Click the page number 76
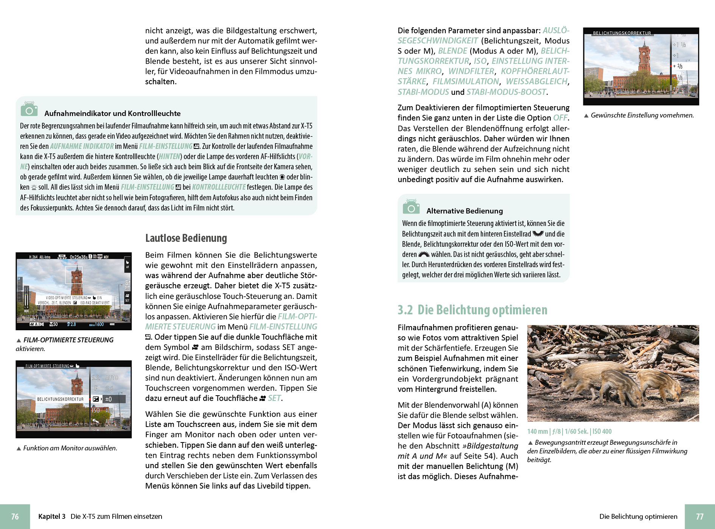click(15, 517)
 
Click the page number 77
click(700, 517)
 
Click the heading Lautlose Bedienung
click(186, 238)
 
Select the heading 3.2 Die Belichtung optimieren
click(472, 310)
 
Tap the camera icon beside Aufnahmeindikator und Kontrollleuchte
click(29, 109)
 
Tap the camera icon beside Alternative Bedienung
click(411, 206)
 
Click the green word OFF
click(560, 118)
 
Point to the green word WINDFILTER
click(471, 71)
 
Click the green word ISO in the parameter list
click(480, 61)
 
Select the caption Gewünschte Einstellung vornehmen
click(642, 115)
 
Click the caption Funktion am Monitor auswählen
click(70, 448)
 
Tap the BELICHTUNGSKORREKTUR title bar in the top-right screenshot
click(622, 33)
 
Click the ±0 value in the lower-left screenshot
click(109, 399)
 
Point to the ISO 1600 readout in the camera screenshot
click(97, 325)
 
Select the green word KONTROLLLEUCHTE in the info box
click(219, 187)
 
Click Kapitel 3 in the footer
click(52, 517)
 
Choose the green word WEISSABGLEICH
click(537, 82)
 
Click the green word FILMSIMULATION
click(466, 82)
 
